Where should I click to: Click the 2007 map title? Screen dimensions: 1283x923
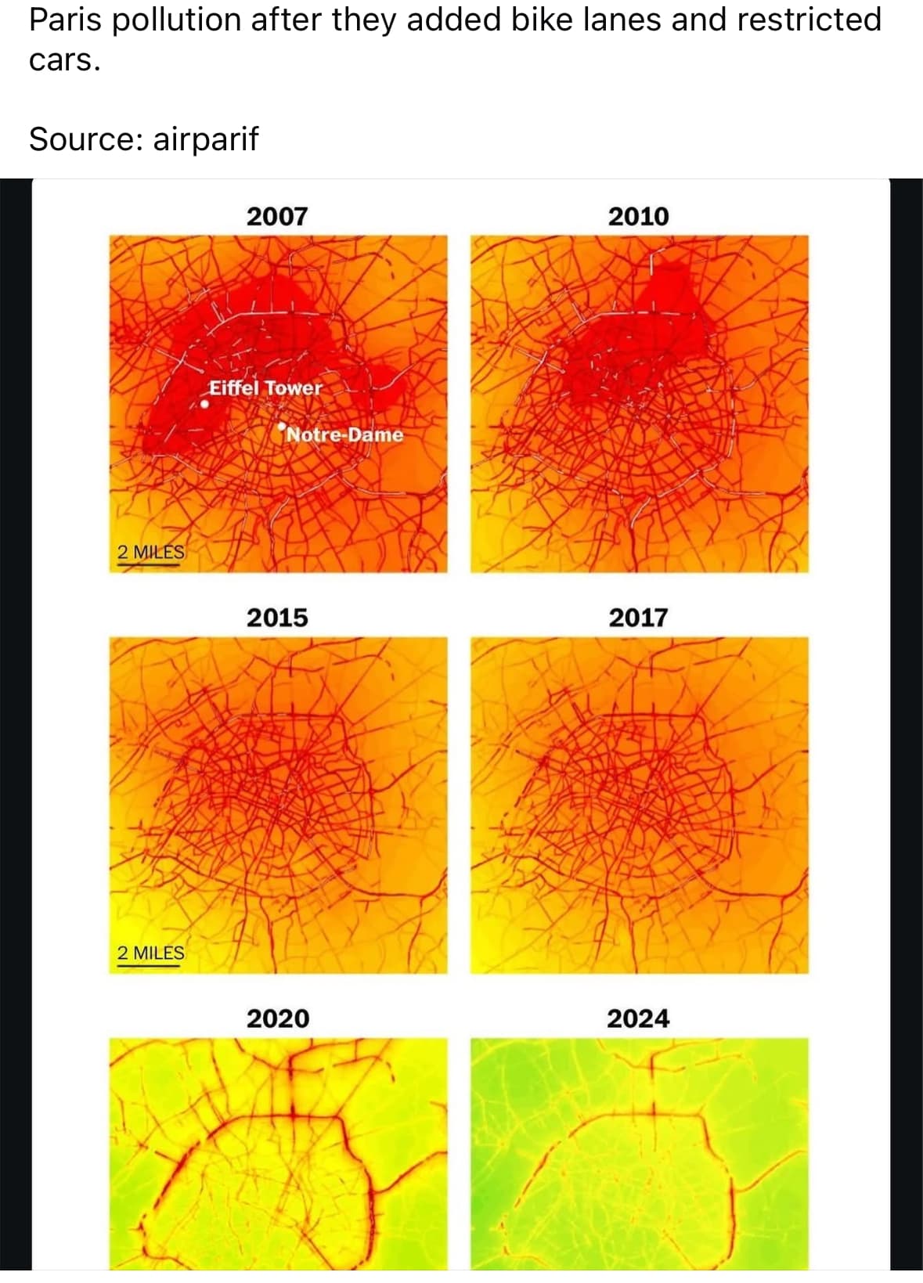click(x=277, y=216)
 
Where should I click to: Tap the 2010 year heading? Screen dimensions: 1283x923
click(x=638, y=216)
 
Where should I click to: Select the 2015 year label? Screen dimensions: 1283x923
click(x=277, y=618)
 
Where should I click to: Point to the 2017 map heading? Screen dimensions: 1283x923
click(x=638, y=618)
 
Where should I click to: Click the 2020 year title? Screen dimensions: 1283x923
click(x=277, y=1018)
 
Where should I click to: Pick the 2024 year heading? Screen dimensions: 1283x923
click(x=638, y=1018)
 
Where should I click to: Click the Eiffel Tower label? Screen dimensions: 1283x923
click(x=265, y=387)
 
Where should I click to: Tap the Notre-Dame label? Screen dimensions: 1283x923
click(x=344, y=434)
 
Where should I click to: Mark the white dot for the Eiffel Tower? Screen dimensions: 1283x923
click(x=204, y=405)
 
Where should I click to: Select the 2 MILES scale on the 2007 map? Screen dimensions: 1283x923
click(x=150, y=553)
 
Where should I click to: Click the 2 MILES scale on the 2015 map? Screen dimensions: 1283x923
click(x=150, y=953)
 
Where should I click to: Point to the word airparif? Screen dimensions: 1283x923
click(x=205, y=139)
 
